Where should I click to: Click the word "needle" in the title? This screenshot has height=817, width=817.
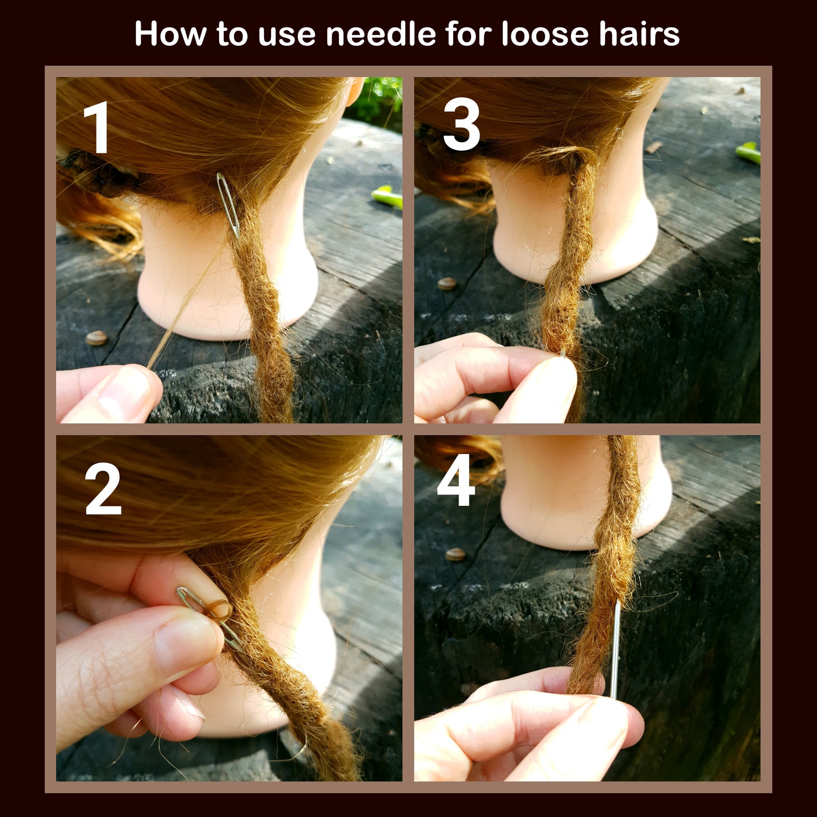tap(380, 34)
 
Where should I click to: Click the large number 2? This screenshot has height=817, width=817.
tap(103, 489)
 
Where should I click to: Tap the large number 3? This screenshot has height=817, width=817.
tap(461, 124)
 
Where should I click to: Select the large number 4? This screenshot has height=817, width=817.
tap(456, 480)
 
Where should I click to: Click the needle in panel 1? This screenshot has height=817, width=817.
tap(229, 205)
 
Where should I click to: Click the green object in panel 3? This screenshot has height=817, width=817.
tap(748, 153)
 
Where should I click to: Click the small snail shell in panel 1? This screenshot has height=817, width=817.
tap(96, 338)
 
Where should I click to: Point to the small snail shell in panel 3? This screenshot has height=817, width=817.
tap(446, 283)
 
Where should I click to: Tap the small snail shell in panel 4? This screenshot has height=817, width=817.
tap(455, 554)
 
